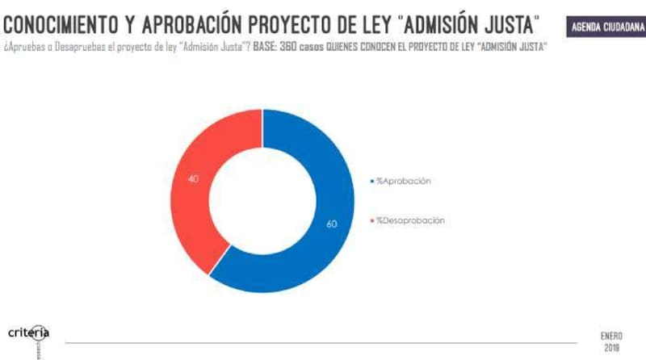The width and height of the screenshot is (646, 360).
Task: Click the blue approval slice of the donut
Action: click(x=323, y=242)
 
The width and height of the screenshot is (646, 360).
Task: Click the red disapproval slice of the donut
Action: click(x=194, y=202)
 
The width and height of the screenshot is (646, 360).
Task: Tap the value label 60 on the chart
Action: click(x=331, y=224)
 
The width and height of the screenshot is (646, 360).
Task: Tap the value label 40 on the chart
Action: click(x=193, y=178)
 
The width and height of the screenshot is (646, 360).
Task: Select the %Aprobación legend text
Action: click(x=403, y=181)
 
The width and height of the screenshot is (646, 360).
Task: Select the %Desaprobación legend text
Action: click(x=410, y=220)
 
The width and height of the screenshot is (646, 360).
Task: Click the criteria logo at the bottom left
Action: click(x=29, y=333)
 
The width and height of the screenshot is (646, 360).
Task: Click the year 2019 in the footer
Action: click(x=611, y=348)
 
